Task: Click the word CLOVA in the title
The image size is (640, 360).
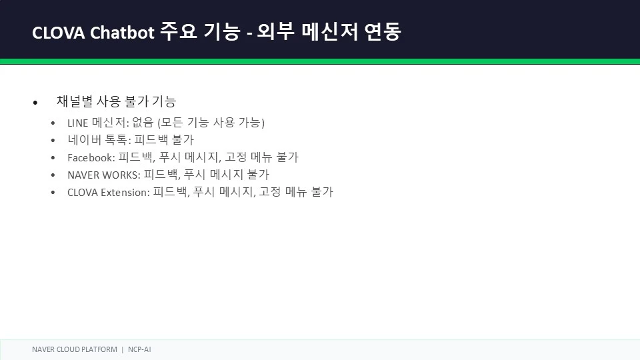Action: coord(59,33)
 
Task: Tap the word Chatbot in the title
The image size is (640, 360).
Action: coord(122,32)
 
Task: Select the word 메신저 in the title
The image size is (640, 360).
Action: coord(330,31)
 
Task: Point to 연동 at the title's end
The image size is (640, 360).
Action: coord(383,31)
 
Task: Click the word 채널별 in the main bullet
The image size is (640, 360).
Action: coord(75,101)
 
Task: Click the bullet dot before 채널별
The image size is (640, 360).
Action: coord(35,103)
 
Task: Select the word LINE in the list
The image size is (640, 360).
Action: coord(77,123)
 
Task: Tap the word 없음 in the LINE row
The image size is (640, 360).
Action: coord(143,122)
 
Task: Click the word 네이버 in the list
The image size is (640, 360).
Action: coord(85,139)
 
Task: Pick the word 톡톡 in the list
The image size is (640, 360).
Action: coord(116,139)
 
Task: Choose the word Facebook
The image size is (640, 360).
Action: coord(90,157)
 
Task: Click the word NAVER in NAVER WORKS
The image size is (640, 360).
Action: coord(83,175)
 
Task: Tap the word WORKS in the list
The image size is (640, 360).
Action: coord(119,175)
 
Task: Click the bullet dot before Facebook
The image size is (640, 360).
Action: coord(53,157)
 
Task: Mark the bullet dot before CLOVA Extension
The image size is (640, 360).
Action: coord(53,192)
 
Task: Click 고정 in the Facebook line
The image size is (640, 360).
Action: coord(236,157)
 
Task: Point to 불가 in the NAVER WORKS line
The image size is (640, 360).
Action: coord(258,174)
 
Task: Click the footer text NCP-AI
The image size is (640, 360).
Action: coord(139,349)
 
